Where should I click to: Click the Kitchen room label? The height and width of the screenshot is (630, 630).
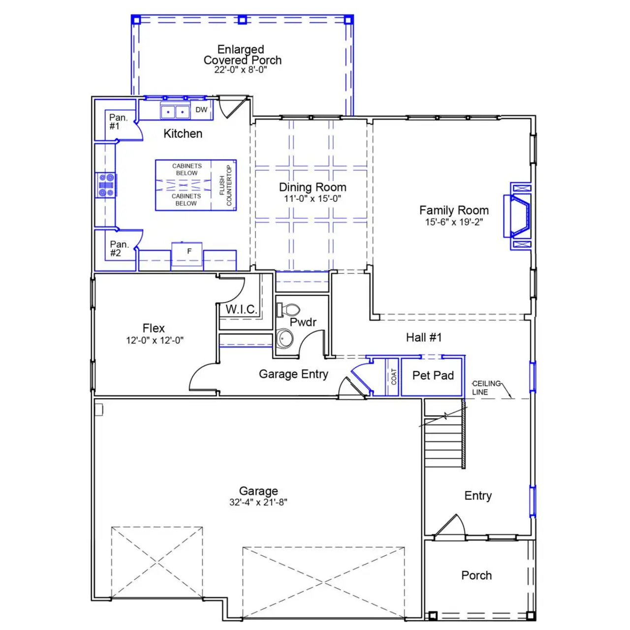(183, 133)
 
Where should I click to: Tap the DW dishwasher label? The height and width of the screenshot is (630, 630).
(201, 110)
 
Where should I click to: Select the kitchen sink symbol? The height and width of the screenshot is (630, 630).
(175, 112)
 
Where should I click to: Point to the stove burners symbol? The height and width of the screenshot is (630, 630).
(106, 185)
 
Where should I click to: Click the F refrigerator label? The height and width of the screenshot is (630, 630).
(189, 252)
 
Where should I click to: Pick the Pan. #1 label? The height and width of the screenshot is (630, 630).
(118, 122)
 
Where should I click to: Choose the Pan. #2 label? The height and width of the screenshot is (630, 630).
(119, 249)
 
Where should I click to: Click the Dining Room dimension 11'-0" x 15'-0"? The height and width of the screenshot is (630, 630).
(312, 199)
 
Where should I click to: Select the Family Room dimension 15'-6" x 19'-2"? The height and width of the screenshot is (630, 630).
(454, 222)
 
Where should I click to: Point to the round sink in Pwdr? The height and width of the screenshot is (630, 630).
(284, 339)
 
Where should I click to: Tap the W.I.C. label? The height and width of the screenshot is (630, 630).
(241, 309)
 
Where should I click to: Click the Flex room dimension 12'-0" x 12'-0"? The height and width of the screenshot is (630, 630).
(155, 340)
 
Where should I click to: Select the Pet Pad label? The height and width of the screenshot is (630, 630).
(433, 376)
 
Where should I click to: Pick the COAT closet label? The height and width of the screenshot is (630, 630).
(393, 377)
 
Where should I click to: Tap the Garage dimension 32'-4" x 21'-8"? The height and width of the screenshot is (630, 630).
(258, 502)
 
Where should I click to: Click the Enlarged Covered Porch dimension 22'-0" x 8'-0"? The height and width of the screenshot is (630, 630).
(240, 70)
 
